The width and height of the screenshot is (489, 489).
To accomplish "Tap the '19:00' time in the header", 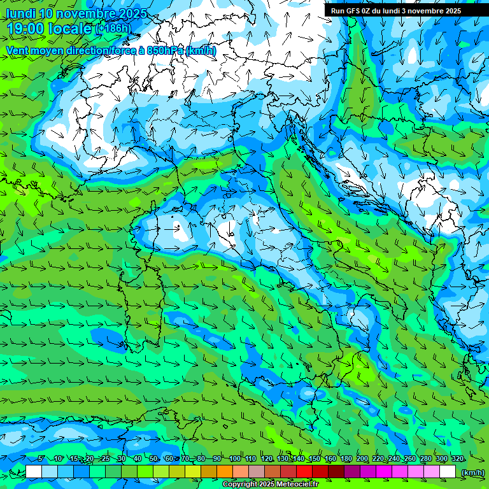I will coord(24,29).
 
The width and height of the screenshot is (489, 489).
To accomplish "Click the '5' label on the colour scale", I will coord(41,458).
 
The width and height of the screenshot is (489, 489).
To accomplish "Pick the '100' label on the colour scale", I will coord(235,458).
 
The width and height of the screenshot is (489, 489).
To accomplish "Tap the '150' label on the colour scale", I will coord(315,458).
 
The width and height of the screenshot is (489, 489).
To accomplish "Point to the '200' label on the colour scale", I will coord(362,458).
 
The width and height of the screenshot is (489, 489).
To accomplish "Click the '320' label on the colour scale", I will coord(457,458).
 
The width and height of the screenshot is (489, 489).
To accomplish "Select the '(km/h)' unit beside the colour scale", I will coord(471,472).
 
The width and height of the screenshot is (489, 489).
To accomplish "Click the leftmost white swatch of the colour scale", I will coord(34,472).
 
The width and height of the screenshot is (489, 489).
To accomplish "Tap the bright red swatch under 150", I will coord(304,472).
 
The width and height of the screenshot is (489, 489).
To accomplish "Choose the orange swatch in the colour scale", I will coord(225,472).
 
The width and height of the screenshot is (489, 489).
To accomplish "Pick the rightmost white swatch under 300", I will coord(448,472).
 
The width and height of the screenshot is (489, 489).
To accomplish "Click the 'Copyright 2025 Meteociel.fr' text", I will coord(270,485).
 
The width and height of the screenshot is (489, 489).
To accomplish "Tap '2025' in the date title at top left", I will coord(132,13).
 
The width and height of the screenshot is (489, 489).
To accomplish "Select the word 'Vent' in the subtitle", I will coord(18,50).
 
